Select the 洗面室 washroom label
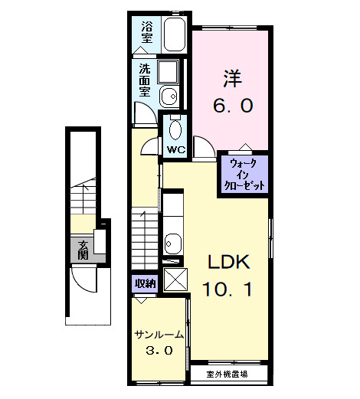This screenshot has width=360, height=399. tap(144, 79)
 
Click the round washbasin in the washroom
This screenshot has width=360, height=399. tap(169, 96)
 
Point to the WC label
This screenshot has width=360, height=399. tap(174, 149)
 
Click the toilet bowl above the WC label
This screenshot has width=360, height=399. tap(175, 127)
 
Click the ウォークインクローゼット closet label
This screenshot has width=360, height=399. tap(245, 175)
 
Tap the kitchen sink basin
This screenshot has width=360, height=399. tap(172, 246)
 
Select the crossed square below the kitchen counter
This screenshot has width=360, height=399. tap(175, 279)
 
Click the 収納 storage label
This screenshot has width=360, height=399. tap(145, 283)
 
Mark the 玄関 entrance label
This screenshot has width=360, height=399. tap(82, 250)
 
